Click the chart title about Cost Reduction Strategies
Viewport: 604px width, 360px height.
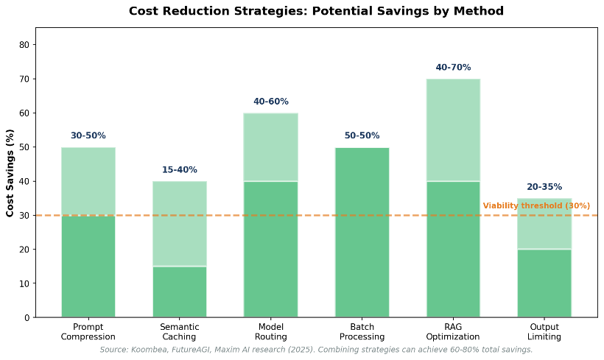(316, 11)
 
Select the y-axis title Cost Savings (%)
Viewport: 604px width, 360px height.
(10, 173)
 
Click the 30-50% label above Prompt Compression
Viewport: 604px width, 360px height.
(88, 135)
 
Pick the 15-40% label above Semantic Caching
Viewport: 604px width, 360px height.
(180, 170)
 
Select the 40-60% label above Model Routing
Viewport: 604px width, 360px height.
(271, 102)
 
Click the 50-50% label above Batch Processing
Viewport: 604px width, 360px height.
(362, 135)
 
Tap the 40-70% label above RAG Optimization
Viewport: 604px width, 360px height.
(453, 68)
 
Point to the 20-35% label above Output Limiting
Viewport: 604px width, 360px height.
(544, 187)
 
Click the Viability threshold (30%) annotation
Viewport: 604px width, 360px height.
(536, 206)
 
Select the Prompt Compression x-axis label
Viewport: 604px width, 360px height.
(88, 331)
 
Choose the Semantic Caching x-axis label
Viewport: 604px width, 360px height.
(180, 331)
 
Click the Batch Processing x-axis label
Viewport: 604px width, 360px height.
(362, 331)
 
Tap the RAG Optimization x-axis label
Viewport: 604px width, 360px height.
(453, 331)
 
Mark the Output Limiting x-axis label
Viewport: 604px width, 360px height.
(544, 331)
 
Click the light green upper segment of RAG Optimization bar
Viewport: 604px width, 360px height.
(453, 130)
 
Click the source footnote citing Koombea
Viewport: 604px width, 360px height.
(316, 350)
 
